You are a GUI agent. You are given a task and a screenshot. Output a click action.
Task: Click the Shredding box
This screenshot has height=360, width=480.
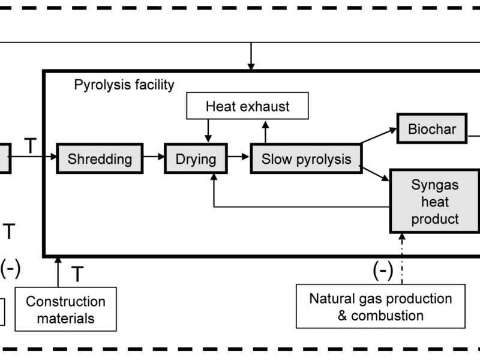(x=100, y=159)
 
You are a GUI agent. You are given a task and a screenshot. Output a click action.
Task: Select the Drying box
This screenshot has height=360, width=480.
(x=196, y=159)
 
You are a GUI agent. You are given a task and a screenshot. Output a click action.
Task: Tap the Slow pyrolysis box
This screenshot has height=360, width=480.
(x=306, y=159)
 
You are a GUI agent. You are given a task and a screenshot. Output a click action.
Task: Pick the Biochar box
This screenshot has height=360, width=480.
(x=432, y=129)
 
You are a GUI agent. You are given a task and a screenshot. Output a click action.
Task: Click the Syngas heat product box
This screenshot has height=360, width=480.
(x=435, y=202)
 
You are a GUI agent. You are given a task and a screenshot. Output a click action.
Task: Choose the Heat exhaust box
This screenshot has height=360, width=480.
(x=247, y=107)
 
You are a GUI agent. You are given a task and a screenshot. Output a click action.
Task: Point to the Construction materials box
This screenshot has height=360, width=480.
(x=65, y=310)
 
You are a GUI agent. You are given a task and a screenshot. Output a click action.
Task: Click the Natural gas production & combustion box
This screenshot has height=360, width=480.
(x=380, y=307)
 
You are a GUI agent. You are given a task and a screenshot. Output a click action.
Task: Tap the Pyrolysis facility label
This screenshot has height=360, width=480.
(x=124, y=85)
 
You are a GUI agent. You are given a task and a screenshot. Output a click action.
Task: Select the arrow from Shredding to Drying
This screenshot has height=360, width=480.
(x=153, y=158)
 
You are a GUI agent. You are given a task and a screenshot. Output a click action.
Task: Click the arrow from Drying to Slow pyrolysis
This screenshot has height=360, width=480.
(x=238, y=158)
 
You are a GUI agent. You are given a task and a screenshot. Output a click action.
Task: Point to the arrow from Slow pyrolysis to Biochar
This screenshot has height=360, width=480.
(x=379, y=135)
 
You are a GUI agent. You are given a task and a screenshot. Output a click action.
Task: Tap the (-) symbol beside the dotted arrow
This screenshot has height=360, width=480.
(x=383, y=271)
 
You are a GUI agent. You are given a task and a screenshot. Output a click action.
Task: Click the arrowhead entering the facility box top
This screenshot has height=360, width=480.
(x=251, y=64)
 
